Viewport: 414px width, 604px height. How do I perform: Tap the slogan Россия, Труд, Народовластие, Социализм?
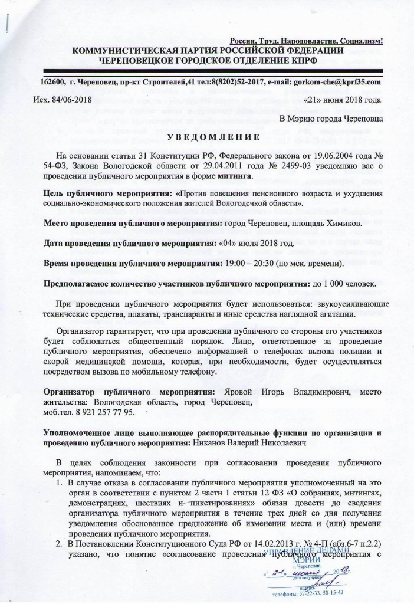[307, 41]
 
